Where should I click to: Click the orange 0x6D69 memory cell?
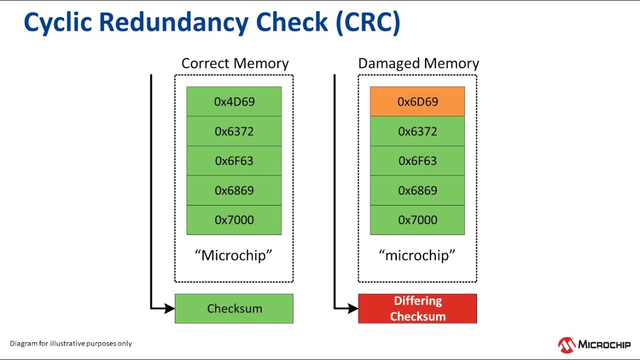417,101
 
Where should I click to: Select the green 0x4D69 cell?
234,101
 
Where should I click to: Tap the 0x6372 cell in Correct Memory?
234,131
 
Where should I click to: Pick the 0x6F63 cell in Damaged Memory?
417,160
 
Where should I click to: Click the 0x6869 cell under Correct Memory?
234,190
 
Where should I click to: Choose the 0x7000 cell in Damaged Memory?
417,219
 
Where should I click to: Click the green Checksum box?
234,308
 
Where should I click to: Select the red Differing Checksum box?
417,308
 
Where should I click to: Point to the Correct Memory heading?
234,63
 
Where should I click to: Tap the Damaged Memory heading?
418,63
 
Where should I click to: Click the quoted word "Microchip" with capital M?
233,255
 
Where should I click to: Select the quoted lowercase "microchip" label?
417,255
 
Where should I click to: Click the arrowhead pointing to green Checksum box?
169,308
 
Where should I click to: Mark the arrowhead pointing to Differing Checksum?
353,308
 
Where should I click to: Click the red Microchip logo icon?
566,345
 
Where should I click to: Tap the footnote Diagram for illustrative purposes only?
71,343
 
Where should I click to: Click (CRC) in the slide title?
368,22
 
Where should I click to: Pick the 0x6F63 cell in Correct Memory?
234,160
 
